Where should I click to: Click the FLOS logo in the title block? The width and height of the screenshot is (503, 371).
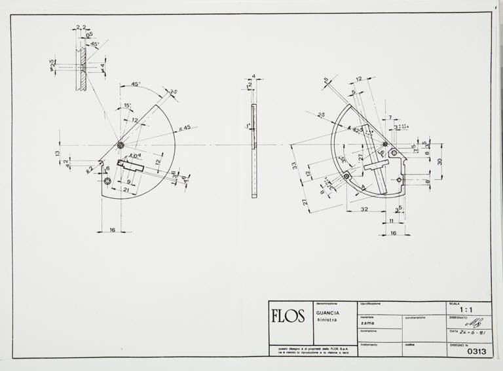click(288, 317)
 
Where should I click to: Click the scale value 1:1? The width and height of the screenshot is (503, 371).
click(467, 309)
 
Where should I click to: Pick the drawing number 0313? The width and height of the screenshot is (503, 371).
click(477, 351)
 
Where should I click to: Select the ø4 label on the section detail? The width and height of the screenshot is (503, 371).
click(103, 67)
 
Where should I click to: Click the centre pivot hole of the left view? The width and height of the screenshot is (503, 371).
click(121, 145)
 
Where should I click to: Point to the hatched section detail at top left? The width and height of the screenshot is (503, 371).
click(83, 65)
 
